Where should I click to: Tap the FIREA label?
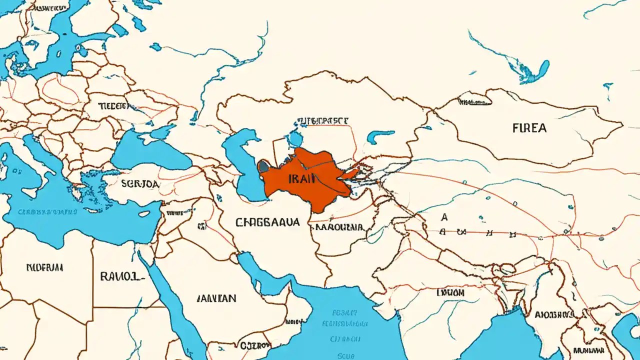point(529,128)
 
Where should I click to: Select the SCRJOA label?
point(140,184)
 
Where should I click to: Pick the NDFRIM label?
point(44,267)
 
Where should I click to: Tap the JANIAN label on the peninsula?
point(216,298)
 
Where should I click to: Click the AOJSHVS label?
point(553,314)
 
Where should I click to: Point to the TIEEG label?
point(113,106)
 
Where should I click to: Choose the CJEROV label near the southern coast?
point(254,345)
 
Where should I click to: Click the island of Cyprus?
point(142,213)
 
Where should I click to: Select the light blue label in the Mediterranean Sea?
point(47,212)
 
